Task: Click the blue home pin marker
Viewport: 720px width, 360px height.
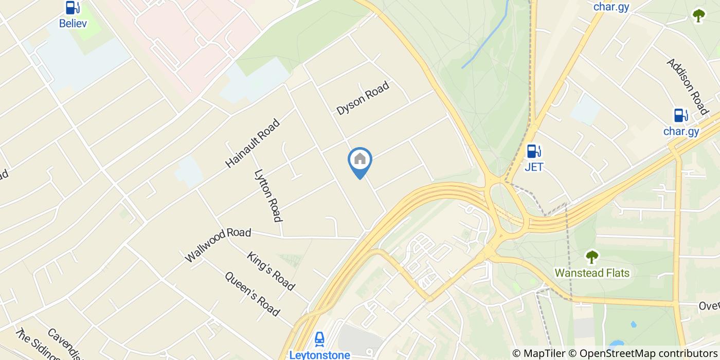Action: coord(360,160)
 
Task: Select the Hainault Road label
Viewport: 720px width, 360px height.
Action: coord(253,143)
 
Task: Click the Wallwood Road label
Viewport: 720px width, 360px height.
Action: coord(218,244)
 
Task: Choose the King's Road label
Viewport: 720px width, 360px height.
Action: coord(271,271)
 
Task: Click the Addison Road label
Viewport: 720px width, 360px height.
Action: coord(688,86)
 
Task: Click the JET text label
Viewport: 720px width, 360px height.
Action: coord(534,167)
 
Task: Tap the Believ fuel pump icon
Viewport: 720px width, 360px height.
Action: coord(73,8)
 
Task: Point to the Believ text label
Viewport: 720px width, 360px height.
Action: coord(73,23)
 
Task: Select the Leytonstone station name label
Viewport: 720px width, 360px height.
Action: coord(319,354)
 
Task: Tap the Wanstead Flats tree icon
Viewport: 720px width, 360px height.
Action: coord(591,257)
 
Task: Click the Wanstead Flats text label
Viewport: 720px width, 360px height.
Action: coord(592,273)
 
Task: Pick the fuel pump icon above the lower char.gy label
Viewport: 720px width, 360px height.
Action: coord(680,115)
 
